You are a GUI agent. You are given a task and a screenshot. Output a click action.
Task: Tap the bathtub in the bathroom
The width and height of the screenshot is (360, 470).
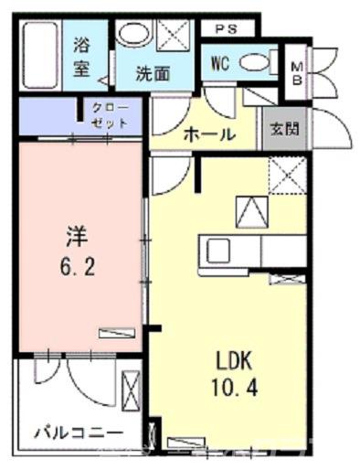click(39, 57)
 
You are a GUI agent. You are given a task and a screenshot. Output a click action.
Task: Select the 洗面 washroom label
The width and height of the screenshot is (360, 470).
click(153, 74)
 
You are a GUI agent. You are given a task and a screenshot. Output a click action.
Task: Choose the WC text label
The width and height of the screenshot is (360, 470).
click(219, 63)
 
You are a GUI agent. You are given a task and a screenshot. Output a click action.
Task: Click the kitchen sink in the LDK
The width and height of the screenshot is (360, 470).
click(219, 249)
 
